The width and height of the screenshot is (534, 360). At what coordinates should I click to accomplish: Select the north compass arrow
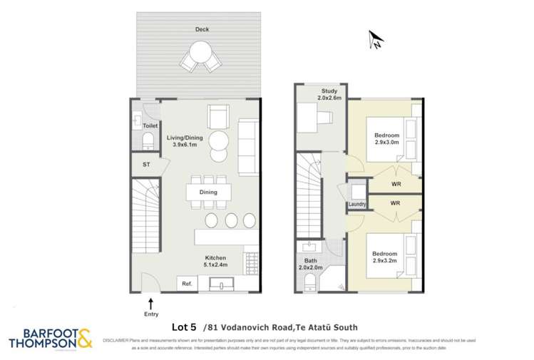376,41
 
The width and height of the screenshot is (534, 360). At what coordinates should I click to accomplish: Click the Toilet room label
150,125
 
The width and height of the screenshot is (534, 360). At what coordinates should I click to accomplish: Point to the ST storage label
146,165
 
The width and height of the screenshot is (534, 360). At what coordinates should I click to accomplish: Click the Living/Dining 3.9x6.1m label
185,141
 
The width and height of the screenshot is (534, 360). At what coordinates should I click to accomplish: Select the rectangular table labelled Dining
208,192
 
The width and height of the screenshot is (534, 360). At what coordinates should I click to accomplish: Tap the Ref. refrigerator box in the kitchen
188,284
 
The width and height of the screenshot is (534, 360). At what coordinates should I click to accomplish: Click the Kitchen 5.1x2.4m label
216,262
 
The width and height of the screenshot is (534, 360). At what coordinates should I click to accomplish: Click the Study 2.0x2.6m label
329,93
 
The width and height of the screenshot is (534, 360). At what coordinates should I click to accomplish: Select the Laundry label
357,205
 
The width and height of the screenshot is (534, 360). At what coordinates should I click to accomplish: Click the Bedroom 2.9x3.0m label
387,139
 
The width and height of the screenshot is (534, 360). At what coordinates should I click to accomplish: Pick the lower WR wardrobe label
395,203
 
